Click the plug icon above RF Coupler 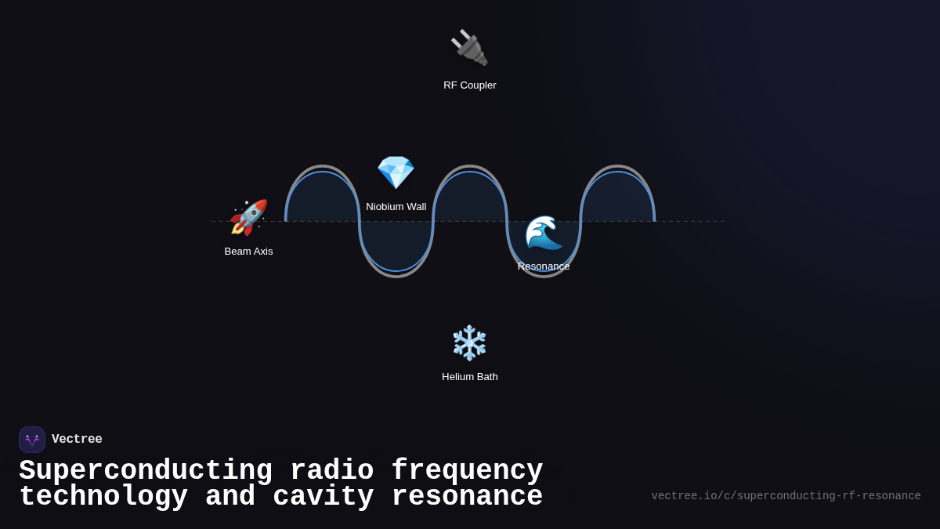(x=469, y=48)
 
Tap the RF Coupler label (x=470, y=85)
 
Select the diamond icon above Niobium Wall (x=396, y=172)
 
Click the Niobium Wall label (x=396, y=207)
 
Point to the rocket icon (x=248, y=218)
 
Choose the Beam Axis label (x=249, y=252)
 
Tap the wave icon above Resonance (x=544, y=233)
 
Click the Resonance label (x=544, y=266)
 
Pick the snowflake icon (x=470, y=342)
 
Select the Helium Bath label (x=470, y=377)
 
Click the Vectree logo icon (x=32, y=440)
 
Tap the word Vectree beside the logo (x=77, y=440)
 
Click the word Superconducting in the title (x=146, y=471)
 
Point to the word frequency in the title (x=467, y=471)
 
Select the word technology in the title (x=103, y=497)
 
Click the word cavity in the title (x=324, y=497)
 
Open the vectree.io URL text (x=786, y=496)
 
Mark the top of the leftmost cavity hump (x=322, y=167)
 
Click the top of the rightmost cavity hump (x=617, y=167)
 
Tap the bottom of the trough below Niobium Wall (x=396, y=275)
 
